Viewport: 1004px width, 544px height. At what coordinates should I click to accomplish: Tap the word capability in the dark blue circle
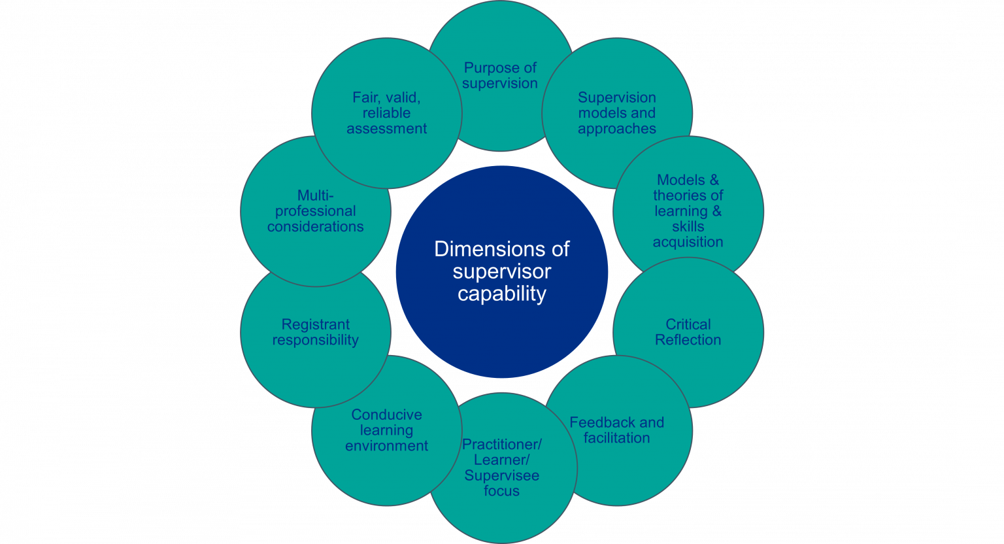coord(501,294)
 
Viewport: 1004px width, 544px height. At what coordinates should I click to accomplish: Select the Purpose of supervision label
coord(500,76)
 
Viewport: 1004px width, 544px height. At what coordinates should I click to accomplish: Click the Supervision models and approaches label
coord(616,113)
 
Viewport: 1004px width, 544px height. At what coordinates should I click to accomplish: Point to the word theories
coord(688,195)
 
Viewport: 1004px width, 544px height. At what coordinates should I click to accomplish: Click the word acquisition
coord(688,242)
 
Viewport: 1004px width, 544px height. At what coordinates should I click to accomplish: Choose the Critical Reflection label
coord(688,332)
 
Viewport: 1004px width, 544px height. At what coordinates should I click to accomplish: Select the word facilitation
coord(616,438)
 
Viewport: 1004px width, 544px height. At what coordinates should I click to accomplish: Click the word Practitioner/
coord(501,445)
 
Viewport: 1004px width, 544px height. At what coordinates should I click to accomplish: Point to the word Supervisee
coord(501,475)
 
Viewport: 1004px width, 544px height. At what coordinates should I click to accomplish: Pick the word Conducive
coord(386,415)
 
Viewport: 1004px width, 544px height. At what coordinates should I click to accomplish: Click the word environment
coord(386,446)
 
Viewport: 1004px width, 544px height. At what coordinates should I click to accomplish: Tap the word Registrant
coord(315,324)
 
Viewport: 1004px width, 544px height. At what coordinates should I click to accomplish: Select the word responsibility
coord(315,340)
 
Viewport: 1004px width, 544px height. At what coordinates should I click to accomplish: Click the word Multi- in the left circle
coord(315,195)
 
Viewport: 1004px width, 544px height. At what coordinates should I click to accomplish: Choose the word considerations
coord(315,227)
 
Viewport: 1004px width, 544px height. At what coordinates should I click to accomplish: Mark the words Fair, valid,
coord(386,97)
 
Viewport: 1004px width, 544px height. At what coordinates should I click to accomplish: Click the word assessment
coord(386,129)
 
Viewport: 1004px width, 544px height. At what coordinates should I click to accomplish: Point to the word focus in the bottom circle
coord(501,491)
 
